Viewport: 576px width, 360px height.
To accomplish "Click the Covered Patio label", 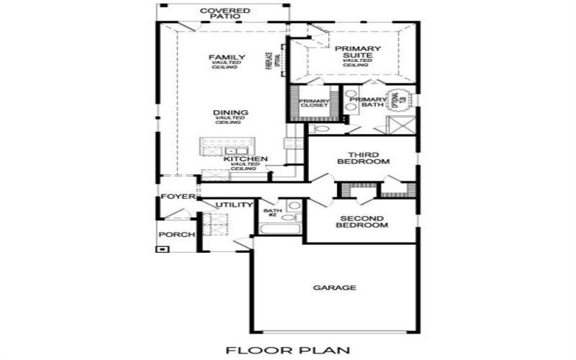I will pos(225,14).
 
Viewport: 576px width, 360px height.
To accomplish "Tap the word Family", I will pos(227,58).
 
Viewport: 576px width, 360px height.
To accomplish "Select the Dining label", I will pos(231,113).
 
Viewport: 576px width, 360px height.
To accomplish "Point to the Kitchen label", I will pos(246,159).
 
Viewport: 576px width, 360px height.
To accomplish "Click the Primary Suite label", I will pos(357,53).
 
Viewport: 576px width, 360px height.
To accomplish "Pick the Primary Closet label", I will pos(314,103).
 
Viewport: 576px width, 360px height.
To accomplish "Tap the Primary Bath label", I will pos(373,103).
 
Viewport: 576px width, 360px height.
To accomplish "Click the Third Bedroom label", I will pos(364,158).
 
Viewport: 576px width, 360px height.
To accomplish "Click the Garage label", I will pos(335,288).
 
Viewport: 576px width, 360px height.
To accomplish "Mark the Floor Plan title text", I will pos(288,351).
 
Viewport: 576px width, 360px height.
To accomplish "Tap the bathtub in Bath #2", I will pos(279,230).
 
